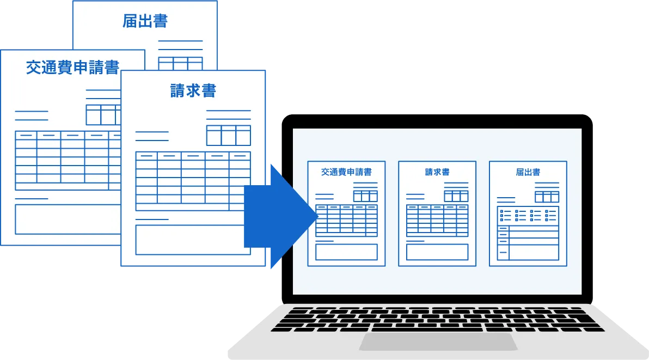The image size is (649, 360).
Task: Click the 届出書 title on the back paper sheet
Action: click(145, 21)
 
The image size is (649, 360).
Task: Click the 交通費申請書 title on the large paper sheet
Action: click(72, 68)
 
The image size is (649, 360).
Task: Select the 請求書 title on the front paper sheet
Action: click(193, 90)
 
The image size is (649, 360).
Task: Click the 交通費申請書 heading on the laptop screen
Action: click(346, 172)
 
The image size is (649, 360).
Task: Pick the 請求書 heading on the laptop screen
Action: click(437, 172)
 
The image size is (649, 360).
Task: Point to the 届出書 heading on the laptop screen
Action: click(528, 172)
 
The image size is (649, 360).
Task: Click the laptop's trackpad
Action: click(438, 341)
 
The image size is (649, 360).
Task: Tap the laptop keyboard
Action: click(438, 319)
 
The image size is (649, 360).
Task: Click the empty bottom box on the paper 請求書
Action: click(193, 240)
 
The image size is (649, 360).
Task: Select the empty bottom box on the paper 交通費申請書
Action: click(68, 219)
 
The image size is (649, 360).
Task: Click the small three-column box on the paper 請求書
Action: click(229, 135)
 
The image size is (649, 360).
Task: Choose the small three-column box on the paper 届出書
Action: click(180, 64)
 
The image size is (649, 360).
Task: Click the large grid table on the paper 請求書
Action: click(193, 181)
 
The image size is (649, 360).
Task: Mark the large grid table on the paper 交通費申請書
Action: click(68, 160)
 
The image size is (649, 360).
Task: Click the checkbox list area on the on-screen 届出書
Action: click(528, 216)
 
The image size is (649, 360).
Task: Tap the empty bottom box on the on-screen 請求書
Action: click(437, 252)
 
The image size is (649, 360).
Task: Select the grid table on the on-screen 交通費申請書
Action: click(346, 221)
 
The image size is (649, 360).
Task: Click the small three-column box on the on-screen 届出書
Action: click(547, 197)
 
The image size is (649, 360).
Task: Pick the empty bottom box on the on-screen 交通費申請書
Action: click(346, 252)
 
